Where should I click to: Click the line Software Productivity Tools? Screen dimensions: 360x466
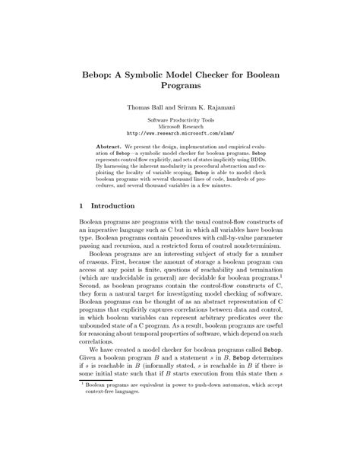coord(180,121)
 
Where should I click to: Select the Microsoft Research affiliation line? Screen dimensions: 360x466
coord(180,128)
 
